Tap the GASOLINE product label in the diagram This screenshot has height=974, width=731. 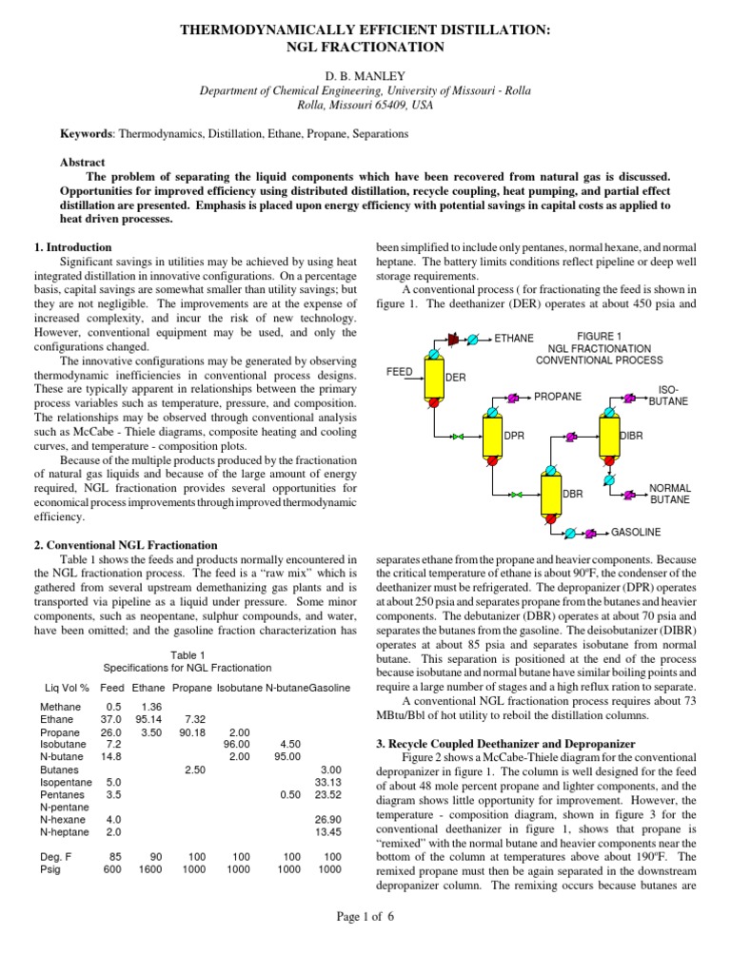636,531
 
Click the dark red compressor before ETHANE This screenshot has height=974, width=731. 454,338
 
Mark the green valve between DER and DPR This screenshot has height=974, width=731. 458,437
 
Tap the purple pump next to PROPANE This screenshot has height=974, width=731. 512,397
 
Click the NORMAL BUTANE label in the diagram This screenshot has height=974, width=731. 669,493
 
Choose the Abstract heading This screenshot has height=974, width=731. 83,163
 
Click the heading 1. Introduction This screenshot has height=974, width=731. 73,247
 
